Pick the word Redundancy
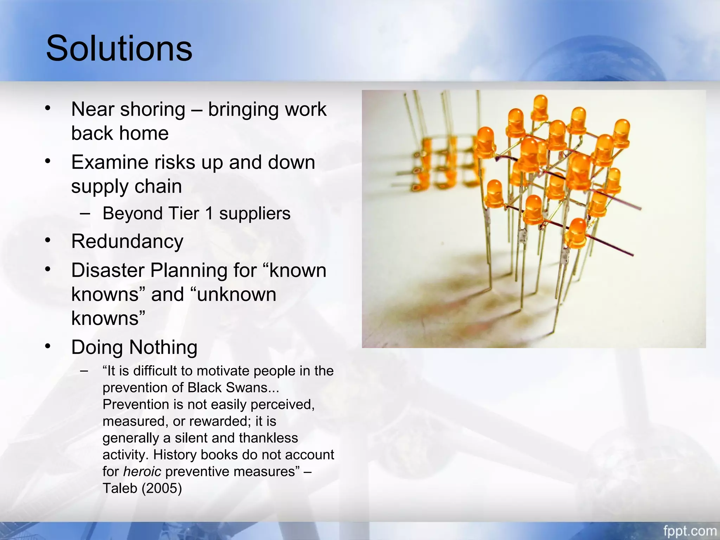pyautogui.click(x=127, y=242)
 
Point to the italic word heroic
pyautogui.click(x=142, y=471)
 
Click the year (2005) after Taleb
pyautogui.click(x=162, y=488)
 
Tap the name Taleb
pyautogui.click(x=120, y=488)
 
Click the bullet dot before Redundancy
pyautogui.click(x=48, y=241)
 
